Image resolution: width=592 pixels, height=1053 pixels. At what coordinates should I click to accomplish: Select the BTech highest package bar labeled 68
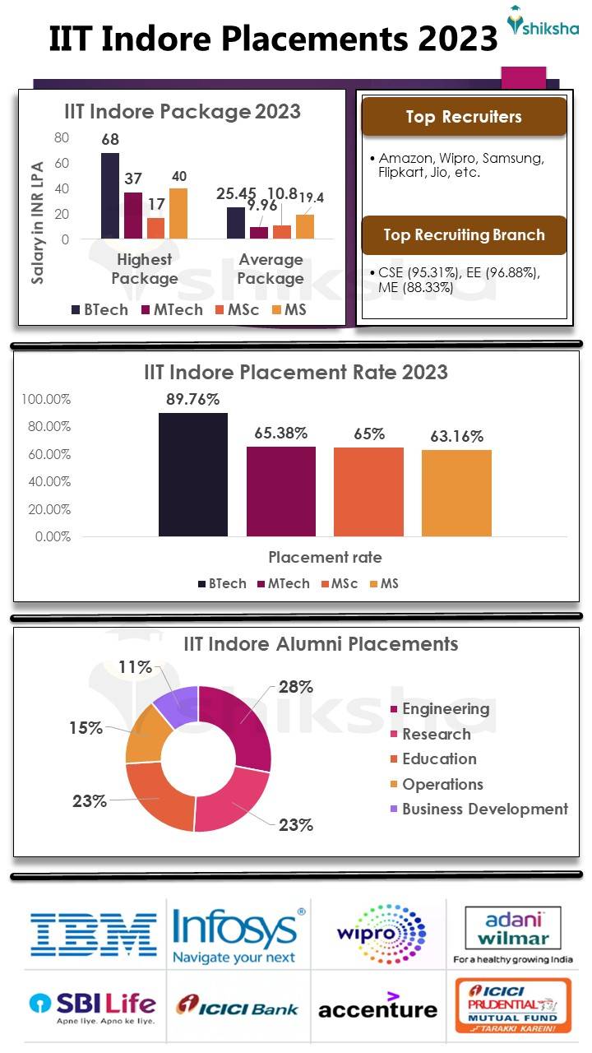(110, 196)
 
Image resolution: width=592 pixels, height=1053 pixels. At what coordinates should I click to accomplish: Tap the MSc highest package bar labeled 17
(155, 228)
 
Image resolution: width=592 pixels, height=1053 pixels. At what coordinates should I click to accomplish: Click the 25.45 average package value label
(237, 194)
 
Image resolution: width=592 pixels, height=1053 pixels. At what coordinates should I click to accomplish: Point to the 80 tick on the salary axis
(62, 137)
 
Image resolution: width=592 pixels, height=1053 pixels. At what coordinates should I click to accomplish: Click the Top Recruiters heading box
(464, 117)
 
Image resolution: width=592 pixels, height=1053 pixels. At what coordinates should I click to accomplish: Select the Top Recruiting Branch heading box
(464, 235)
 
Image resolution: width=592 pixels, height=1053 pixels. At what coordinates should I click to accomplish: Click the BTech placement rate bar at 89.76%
(192, 475)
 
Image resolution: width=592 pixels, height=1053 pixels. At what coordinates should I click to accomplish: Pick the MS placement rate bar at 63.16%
(456, 493)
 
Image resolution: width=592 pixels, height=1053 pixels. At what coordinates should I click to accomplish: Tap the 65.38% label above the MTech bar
(280, 432)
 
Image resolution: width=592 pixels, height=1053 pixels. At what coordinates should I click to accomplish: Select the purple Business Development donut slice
(176, 706)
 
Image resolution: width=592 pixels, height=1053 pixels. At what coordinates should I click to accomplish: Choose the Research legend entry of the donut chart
(435, 734)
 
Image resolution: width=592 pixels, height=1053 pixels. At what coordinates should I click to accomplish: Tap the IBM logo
(94, 933)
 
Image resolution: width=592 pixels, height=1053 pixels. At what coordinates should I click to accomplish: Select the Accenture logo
(377, 1007)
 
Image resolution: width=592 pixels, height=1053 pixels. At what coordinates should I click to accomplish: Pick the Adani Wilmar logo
(513, 934)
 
